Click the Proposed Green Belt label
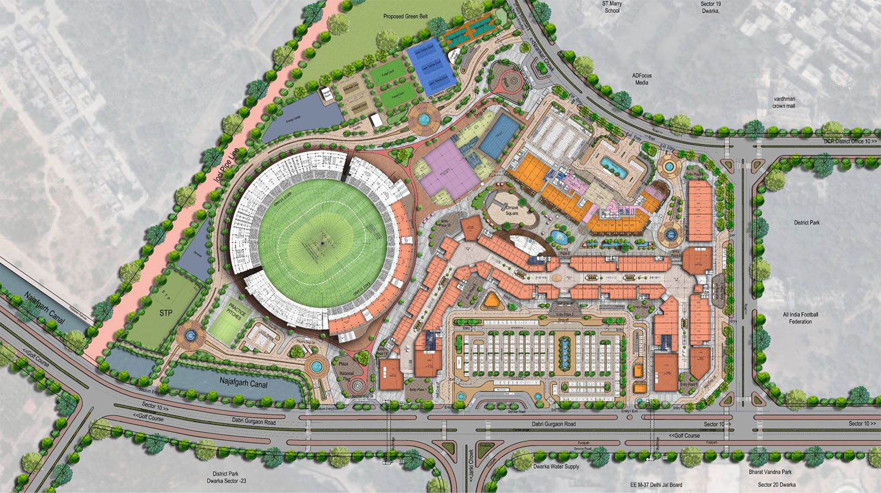point(405,17)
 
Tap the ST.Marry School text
point(612,7)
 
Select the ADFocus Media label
point(641,79)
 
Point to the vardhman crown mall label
point(784,102)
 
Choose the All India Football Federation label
point(801,318)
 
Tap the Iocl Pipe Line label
point(226,165)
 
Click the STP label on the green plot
point(166,313)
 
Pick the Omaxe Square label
point(512,210)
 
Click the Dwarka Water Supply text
point(556,467)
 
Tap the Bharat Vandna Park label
point(770,472)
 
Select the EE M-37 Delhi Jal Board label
point(656,485)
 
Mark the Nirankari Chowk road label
point(543,55)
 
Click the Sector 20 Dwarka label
point(776,485)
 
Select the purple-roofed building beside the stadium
point(449,171)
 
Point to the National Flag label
point(346,376)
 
